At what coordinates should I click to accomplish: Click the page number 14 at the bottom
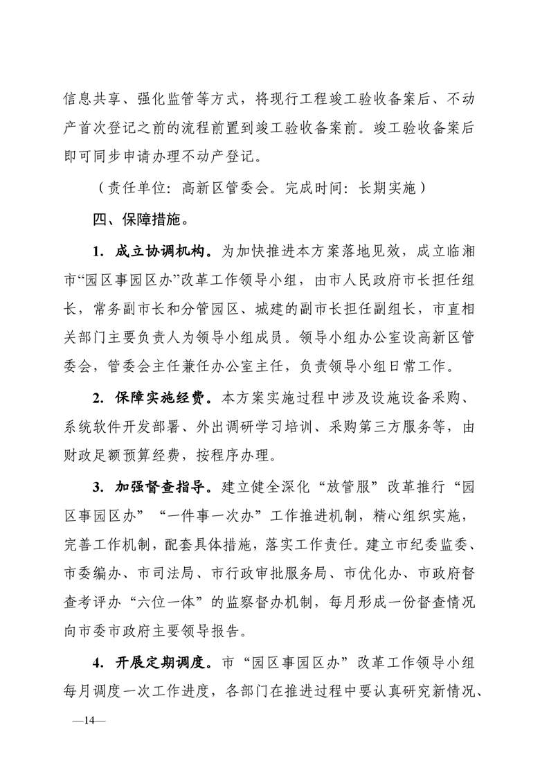click(x=88, y=720)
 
